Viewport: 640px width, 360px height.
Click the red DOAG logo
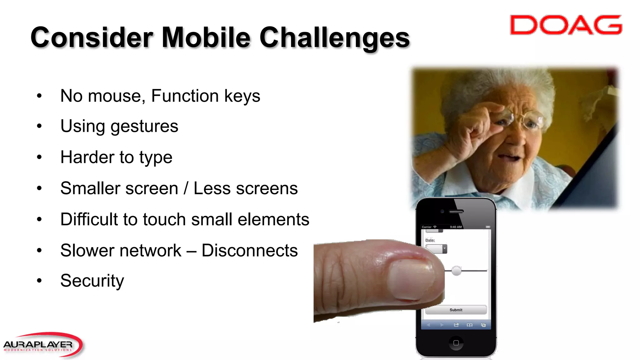click(566, 25)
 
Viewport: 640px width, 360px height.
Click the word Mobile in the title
click(206, 37)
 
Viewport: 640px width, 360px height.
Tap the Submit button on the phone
click(456, 310)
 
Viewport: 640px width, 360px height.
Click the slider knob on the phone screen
click(457, 271)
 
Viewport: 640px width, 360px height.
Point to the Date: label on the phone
click(430, 240)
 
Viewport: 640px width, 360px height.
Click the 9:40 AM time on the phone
click(456, 227)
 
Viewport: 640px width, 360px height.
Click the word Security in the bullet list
click(92, 281)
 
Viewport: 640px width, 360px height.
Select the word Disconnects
click(249, 251)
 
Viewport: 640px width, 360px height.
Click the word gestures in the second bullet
click(144, 127)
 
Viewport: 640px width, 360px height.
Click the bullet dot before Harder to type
click(39, 157)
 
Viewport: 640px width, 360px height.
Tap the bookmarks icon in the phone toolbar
click(469, 325)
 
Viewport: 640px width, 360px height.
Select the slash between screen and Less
click(186, 188)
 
